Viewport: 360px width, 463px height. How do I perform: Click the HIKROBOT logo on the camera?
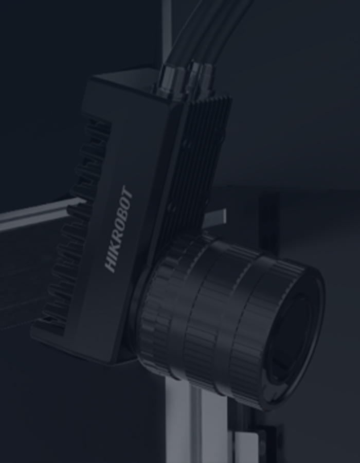point(119,229)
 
